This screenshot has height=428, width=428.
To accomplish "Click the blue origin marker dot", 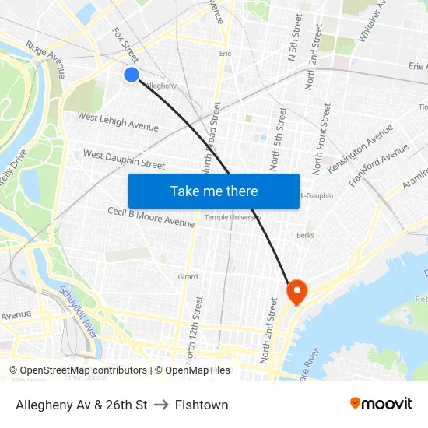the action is coord(131,74).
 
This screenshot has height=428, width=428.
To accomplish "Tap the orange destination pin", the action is coord(296,291).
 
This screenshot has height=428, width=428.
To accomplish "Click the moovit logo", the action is coord(381,403).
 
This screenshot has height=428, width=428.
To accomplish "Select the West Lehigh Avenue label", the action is coord(117,121).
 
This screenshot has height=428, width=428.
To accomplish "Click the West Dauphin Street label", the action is coord(124,160).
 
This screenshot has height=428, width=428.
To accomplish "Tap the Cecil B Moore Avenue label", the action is coord(151,217).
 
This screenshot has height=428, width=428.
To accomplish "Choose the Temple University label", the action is coord(233,217).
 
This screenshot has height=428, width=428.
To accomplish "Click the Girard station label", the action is coord(188,276).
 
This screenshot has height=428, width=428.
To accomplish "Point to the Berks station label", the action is coord(304,234).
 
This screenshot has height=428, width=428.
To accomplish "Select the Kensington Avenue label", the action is coord(360,149).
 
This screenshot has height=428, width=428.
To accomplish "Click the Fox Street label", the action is coord(125,45).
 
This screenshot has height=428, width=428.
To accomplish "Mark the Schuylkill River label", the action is coord(78,310).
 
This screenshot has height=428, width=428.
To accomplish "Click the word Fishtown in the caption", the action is coord(202,405).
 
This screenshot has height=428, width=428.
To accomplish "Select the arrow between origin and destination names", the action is coord(161,405).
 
